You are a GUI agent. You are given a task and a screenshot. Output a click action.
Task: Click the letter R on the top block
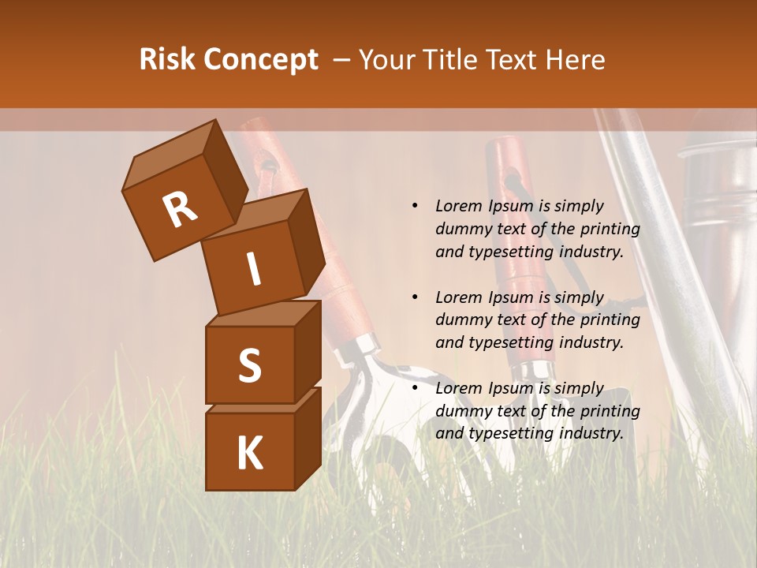pos(180,209)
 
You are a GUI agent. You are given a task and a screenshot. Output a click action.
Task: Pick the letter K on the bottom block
pos(249,454)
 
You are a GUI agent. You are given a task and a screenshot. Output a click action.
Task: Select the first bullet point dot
pos(415,206)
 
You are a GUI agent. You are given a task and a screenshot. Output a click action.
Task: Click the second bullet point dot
pos(415,297)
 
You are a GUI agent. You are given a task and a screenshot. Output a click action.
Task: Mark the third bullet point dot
pos(415,388)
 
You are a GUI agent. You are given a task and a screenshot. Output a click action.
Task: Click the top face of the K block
pos(260,400)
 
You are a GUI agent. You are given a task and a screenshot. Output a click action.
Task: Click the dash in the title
pos(341,60)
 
